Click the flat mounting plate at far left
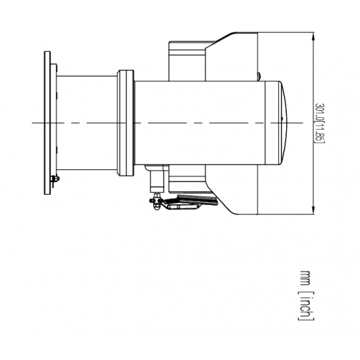coord(47,123)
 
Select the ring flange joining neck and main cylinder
coord(126,123)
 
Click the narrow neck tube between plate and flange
coord(87,123)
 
